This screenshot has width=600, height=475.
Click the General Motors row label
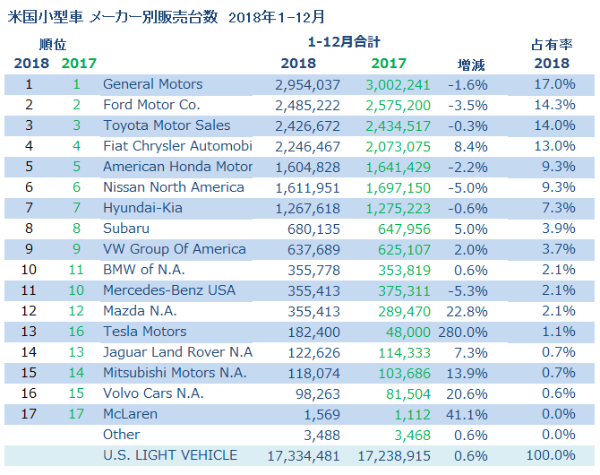coord(152,84)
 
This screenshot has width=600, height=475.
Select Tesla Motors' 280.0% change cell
coord(466,332)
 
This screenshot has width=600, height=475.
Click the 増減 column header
coord(472,64)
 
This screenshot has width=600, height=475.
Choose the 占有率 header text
coord(551,43)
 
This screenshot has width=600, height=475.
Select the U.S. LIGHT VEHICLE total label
coord(170,455)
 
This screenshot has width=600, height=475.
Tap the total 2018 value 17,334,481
coord(304,455)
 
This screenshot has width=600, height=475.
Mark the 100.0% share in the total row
coord(551,455)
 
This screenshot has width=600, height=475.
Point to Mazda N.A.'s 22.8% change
coord(468,311)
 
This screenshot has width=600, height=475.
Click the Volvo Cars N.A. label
coord(153,393)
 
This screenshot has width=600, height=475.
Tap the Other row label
coord(122,435)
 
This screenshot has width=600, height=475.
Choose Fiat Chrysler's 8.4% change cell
coord(472,146)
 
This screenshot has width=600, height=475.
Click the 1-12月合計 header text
coord(343,43)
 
